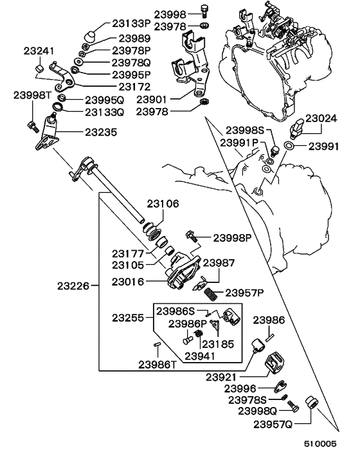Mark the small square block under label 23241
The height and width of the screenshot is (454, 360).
click(x=38, y=67)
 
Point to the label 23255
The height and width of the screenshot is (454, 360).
click(x=128, y=317)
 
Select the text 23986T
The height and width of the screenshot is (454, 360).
click(x=157, y=364)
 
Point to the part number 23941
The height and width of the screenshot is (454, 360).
click(x=201, y=354)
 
